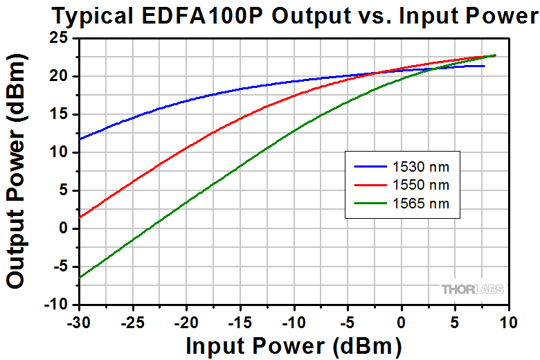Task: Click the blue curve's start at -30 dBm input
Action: coord(80,139)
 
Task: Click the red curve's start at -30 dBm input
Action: coord(80,217)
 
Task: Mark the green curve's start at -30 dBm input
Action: coord(80,278)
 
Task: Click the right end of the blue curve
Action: coord(484,66)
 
